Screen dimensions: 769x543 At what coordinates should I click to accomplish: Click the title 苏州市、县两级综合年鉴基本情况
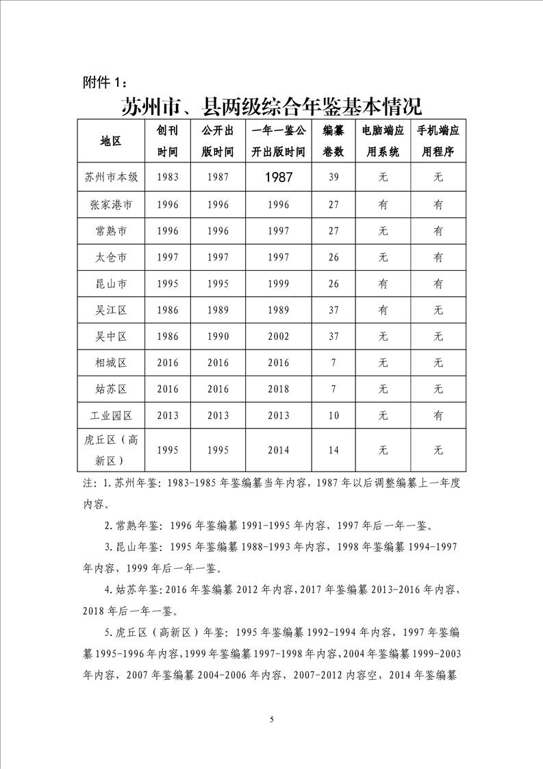click(x=271, y=107)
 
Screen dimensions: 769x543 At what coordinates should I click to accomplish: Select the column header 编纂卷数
click(x=333, y=141)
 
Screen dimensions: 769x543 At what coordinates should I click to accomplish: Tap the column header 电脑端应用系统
click(x=383, y=141)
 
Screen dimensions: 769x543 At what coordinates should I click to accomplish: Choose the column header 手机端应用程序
click(x=438, y=141)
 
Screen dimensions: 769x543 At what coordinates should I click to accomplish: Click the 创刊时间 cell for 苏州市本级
click(x=168, y=177)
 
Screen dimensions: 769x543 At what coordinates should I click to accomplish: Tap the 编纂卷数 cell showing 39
click(x=333, y=177)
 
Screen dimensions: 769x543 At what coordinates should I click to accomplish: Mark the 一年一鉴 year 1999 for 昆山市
click(x=278, y=284)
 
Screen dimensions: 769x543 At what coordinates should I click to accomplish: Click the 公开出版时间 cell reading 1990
click(x=218, y=337)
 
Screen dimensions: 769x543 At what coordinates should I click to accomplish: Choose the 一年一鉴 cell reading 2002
click(x=278, y=337)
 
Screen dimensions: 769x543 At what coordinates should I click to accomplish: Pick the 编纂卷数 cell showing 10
click(x=333, y=415)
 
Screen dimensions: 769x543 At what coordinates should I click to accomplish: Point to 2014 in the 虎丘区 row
click(x=278, y=450)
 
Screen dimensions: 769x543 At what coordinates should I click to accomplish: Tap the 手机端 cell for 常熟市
click(x=438, y=231)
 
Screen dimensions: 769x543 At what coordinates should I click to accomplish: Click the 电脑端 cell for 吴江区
click(x=383, y=310)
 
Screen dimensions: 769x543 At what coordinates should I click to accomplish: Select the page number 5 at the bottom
click(x=272, y=719)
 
